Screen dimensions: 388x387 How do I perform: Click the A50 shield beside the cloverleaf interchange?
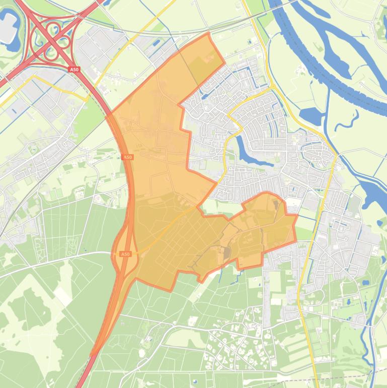74,69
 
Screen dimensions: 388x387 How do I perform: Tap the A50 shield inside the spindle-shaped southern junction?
125,254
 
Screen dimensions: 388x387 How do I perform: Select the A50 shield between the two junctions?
128,158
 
